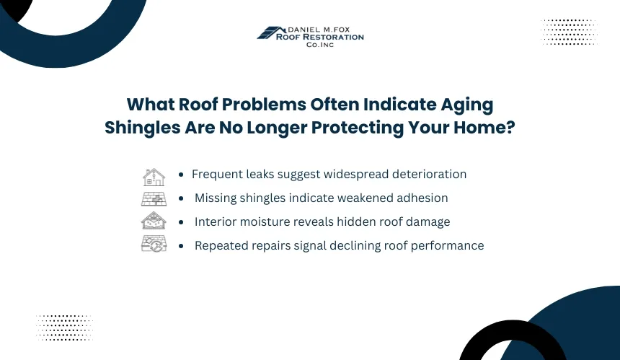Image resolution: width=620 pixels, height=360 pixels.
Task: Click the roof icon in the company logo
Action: click(x=271, y=32)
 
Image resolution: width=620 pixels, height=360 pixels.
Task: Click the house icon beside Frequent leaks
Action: click(x=154, y=177)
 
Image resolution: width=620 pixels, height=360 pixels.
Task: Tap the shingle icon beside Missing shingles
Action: click(x=154, y=198)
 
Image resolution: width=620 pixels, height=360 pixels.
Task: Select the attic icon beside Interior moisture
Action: click(x=154, y=220)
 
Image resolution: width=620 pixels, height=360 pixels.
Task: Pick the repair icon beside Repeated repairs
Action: click(x=154, y=244)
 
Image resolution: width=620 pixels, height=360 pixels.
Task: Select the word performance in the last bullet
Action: click(x=447, y=246)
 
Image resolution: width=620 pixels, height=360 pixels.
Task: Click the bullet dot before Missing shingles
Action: click(x=181, y=198)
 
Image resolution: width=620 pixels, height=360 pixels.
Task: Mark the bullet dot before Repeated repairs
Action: click(x=181, y=246)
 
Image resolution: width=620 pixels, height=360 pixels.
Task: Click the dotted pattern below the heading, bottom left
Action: click(x=64, y=328)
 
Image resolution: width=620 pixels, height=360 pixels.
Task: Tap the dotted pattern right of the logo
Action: click(x=569, y=32)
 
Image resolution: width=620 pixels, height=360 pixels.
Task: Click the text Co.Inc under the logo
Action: click(x=320, y=45)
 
